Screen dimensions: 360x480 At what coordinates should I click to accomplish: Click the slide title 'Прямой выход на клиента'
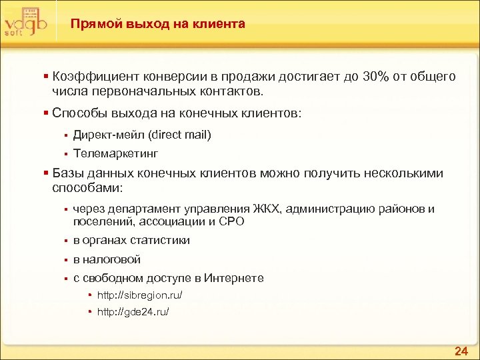pos(158,24)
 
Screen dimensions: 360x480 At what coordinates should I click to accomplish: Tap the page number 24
pos(460,351)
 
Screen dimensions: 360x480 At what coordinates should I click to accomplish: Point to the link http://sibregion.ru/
pos(139,295)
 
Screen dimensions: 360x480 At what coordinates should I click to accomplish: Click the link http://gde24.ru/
pos(133,311)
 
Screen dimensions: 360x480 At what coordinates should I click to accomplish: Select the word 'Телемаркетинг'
pos(115,153)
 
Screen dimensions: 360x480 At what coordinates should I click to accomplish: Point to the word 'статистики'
pos(160,240)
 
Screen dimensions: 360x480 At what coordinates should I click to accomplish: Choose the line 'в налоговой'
pos(107,259)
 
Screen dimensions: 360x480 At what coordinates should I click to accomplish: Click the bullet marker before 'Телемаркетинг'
pos(66,154)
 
